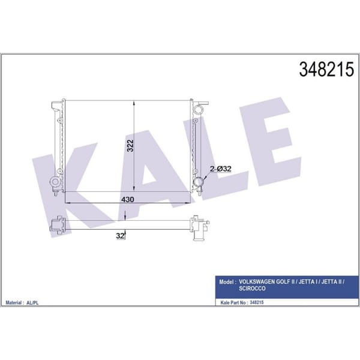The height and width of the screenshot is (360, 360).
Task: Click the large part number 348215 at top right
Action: click(x=326, y=70)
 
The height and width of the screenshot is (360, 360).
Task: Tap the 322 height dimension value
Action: click(x=130, y=145)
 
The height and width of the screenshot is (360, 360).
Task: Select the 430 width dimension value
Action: click(x=128, y=199)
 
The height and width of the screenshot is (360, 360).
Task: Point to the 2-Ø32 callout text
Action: click(x=221, y=169)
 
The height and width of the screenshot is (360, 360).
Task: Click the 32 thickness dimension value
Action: click(x=120, y=236)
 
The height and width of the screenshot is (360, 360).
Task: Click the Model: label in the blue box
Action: click(x=227, y=282)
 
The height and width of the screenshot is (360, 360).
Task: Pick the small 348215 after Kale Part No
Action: click(x=257, y=302)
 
